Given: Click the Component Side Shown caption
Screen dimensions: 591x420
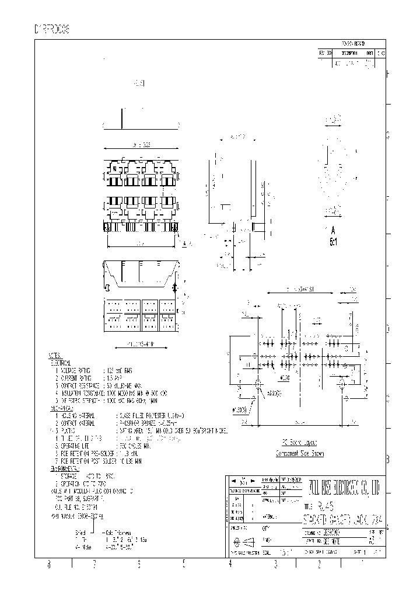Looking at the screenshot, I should click(x=299, y=454).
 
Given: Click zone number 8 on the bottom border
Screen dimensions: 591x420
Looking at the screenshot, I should click(x=49, y=564).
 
